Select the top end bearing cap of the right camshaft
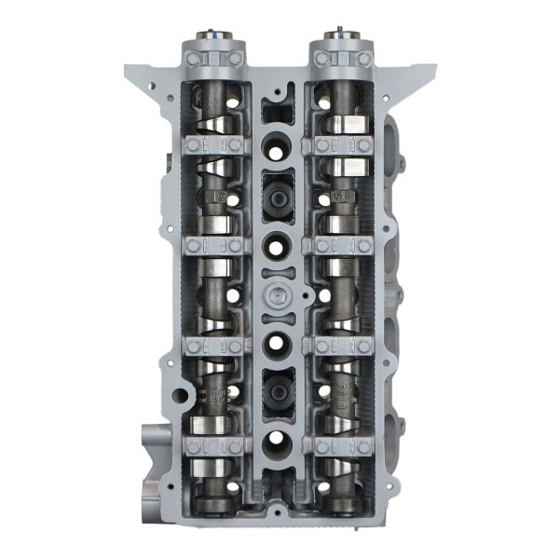click(343, 59)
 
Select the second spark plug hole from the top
click(279, 246)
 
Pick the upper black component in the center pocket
click(279, 197)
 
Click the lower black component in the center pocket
click(279, 395)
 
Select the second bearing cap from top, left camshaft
click(213, 144)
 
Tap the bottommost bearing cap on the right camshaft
click(343, 445)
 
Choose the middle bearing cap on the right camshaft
click(343, 246)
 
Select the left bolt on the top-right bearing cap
click(322, 59)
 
